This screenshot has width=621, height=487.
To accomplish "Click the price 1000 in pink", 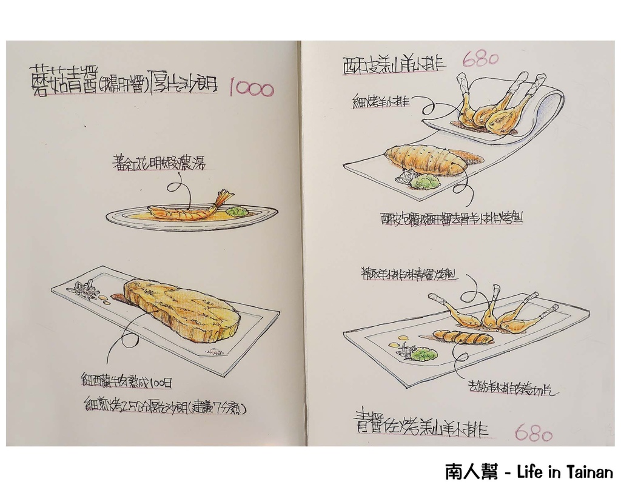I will click(x=251, y=90).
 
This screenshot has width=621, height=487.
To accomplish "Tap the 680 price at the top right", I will click(x=480, y=59).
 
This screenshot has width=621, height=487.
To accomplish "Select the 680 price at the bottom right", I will click(x=533, y=433).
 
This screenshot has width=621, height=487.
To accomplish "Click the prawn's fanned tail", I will click(x=223, y=197).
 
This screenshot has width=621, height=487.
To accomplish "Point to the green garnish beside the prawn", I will click(x=237, y=212).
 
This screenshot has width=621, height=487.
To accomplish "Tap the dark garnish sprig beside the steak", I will click(x=84, y=291).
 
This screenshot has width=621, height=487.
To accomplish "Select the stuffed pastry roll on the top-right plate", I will click(x=426, y=160).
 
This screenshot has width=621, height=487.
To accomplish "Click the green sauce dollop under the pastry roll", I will click(x=426, y=181).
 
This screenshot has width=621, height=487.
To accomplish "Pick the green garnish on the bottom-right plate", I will click(x=423, y=354).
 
